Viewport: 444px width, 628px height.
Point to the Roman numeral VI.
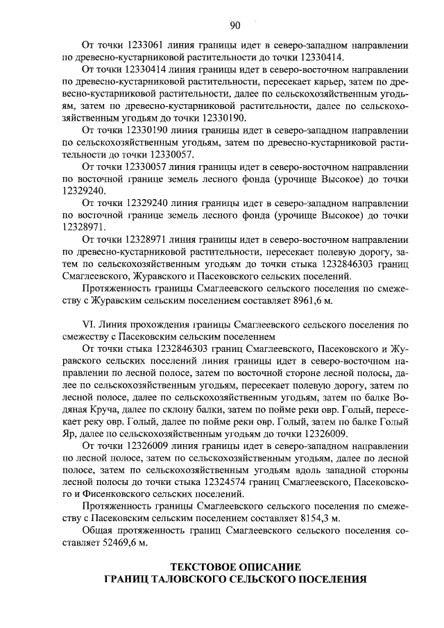[x=88, y=324]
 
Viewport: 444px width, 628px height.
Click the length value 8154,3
[x=323, y=518]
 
